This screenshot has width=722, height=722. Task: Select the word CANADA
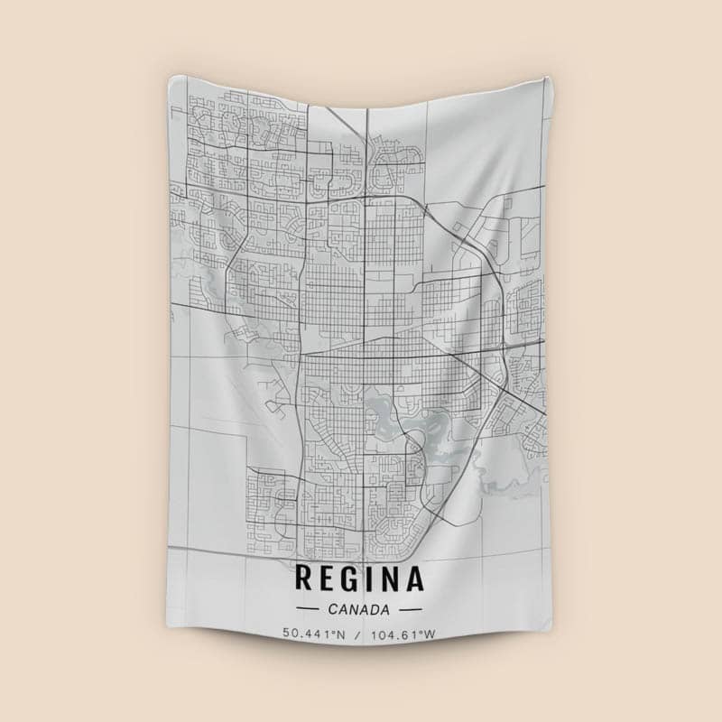point(359,607)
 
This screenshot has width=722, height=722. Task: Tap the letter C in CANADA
point(336,607)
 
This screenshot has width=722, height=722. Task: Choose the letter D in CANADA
point(375,607)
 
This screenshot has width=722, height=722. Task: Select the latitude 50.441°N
point(314,634)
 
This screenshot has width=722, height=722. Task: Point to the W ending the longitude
point(430,634)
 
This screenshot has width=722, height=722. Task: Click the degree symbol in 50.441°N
point(333,632)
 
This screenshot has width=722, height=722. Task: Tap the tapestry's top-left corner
point(171,76)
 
